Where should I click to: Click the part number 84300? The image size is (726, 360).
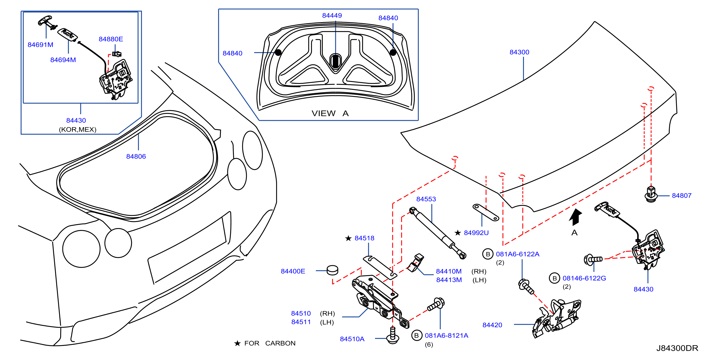(519, 52)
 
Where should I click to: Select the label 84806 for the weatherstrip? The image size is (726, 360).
(136, 156)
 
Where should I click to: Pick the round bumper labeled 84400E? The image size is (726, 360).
(332, 270)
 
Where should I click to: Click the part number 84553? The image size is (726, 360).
(426, 199)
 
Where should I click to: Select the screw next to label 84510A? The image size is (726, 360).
(392, 335)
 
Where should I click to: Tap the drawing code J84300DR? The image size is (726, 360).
(677, 348)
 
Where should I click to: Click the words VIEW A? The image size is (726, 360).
(330, 113)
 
